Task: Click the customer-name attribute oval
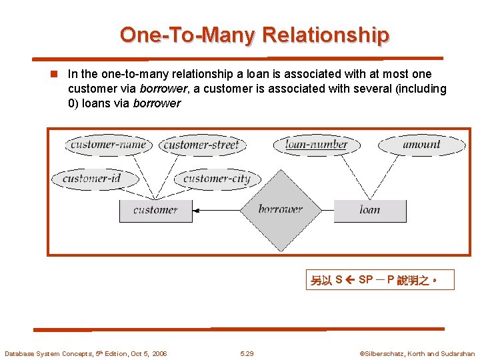tap(107, 145)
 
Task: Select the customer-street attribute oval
tap(201, 145)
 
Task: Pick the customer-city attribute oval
tap(217, 179)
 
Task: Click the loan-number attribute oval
tap(316, 144)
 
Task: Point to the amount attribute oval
tap(421, 144)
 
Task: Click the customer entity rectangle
tap(155, 210)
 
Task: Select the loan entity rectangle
tap(370, 210)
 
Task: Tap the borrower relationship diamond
tap(281, 209)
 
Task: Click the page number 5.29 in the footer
tap(247, 353)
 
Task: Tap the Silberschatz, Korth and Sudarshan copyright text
tap(417, 353)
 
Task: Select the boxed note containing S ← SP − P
tap(381, 280)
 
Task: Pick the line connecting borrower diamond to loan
tap(327, 210)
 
